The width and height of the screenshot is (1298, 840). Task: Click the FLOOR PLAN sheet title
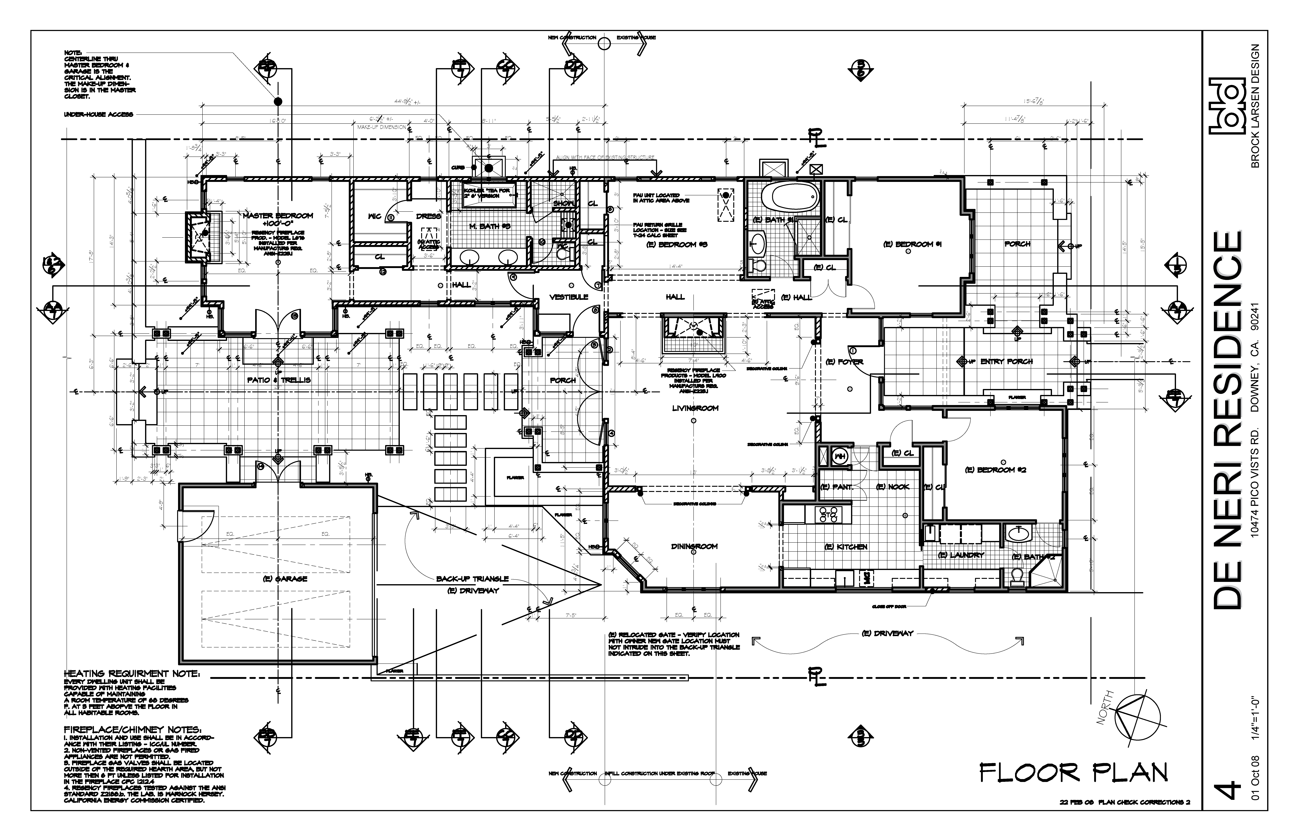pos(1073,773)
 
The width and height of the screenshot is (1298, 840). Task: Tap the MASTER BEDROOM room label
pos(278,215)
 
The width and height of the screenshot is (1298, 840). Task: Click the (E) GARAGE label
pos(285,579)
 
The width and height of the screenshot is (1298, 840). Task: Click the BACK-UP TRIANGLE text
pos(472,579)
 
